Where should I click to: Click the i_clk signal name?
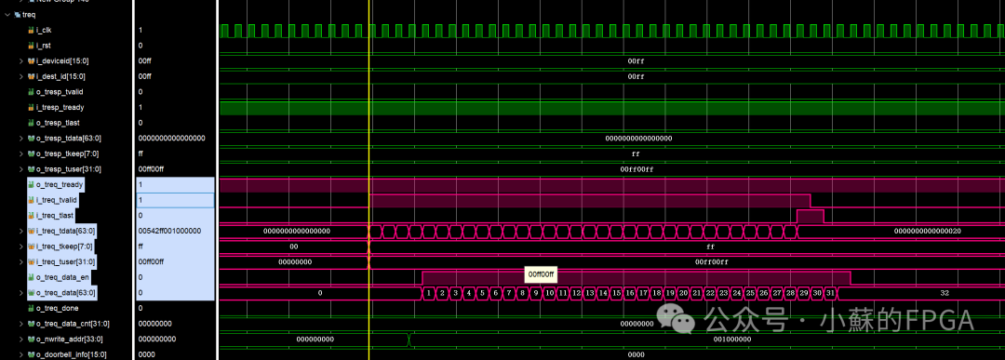(44, 30)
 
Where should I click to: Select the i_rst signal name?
(43, 45)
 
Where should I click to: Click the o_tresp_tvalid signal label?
(60, 91)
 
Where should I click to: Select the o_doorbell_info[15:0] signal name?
(71, 353)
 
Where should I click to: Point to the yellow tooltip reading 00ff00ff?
(541, 274)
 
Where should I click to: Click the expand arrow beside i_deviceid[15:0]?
(21, 60)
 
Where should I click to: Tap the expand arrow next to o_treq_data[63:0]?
(21, 292)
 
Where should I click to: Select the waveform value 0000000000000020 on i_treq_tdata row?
(927, 231)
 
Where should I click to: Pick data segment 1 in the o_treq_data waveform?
(429, 293)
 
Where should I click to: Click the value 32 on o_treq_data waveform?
(945, 293)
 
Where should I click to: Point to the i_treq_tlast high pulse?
(810, 216)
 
